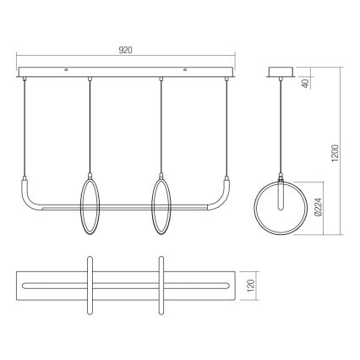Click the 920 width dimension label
click(124, 51)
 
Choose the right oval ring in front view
click(161, 207)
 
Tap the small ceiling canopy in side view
click(281, 74)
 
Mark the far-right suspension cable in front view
click(226, 127)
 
